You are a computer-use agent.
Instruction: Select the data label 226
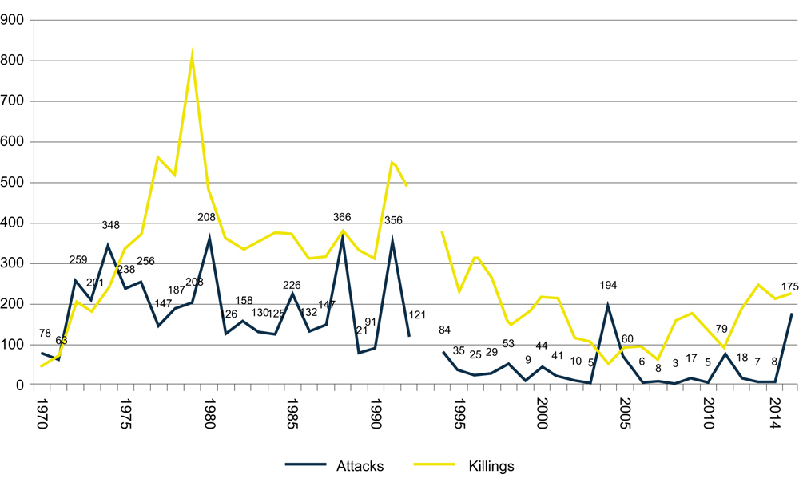(x=292, y=286)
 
